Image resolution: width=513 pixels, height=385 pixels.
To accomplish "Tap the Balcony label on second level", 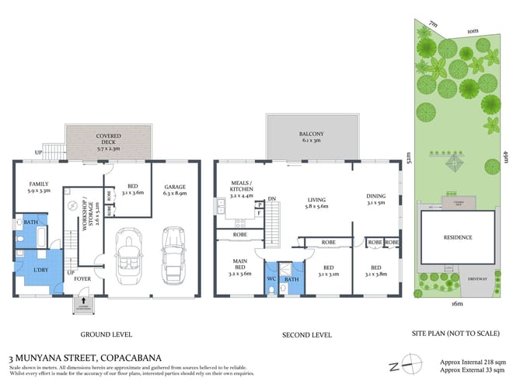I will (x=312, y=136).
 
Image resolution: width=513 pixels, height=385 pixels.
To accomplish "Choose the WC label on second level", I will (x=271, y=278).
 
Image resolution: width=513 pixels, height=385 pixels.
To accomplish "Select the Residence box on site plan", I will (x=457, y=237).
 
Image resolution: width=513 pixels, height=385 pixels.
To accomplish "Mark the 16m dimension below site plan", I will (x=456, y=303).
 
